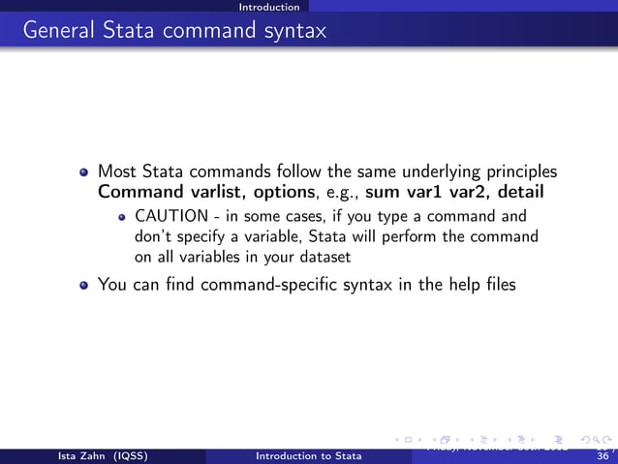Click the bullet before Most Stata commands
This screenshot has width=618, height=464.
tap(85, 172)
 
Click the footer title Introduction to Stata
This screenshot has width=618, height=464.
tap(308, 455)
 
